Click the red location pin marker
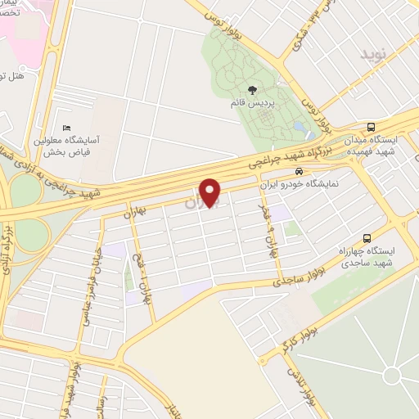click(211, 192)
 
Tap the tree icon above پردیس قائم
click(251, 91)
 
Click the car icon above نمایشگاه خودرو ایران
click(300, 173)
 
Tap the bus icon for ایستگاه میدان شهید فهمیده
click(372, 127)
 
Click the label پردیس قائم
click(252, 104)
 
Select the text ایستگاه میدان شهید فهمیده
click(371, 146)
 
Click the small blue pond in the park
click(300, 128)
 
